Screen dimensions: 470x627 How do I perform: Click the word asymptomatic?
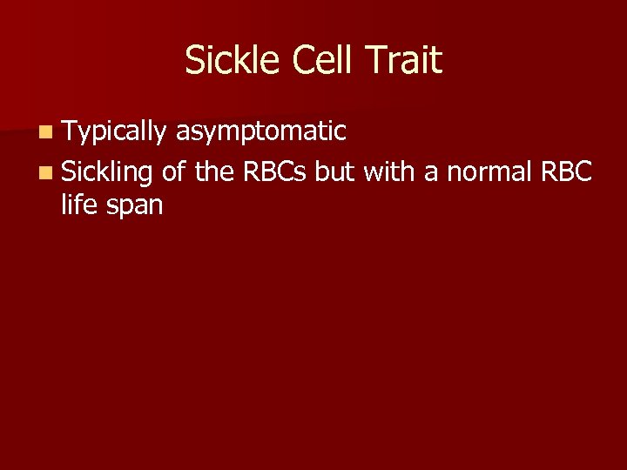point(261,132)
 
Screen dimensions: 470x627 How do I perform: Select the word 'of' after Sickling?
point(174,172)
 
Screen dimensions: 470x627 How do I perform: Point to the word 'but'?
point(336,172)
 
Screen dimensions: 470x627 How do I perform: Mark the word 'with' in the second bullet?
point(388,172)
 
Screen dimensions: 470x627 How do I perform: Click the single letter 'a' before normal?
point(430,174)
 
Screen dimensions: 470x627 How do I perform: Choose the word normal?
point(488,172)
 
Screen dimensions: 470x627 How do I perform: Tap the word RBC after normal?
point(567,172)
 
